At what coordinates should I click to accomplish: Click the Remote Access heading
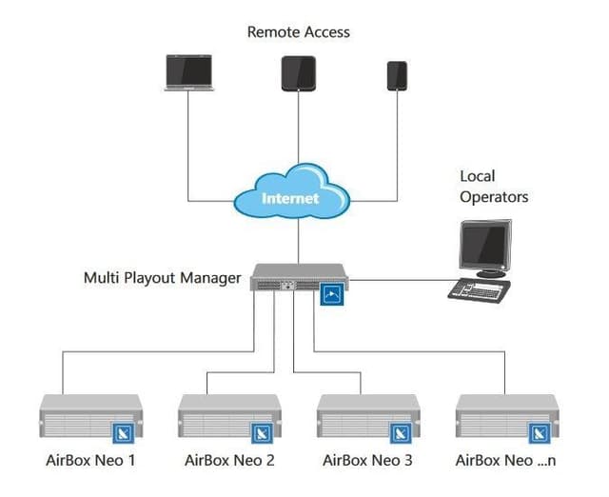[x=298, y=31]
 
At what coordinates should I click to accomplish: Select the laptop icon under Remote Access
[x=187, y=72]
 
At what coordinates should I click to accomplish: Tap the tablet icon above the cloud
[x=298, y=73]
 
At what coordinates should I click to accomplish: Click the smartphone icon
[x=397, y=75]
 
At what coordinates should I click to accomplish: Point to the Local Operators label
[x=493, y=187]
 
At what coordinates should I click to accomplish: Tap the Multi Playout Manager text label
[x=162, y=279]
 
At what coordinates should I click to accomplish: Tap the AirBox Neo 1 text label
[x=90, y=461]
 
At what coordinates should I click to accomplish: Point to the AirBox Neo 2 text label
[x=229, y=461]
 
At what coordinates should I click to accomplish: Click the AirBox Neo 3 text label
[x=367, y=461]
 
